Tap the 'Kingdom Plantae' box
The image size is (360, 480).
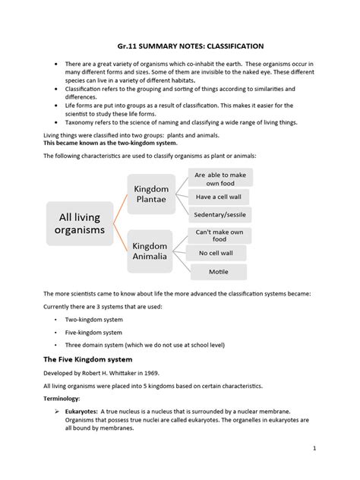click(x=156, y=194)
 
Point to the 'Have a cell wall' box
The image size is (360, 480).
click(x=219, y=197)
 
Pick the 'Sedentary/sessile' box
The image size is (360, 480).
click(x=219, y=216)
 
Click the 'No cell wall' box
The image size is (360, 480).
click(x=219, y=253)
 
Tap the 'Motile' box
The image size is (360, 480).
click(x=219, y=271)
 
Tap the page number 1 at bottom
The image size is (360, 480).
click(x=334, y=470)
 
